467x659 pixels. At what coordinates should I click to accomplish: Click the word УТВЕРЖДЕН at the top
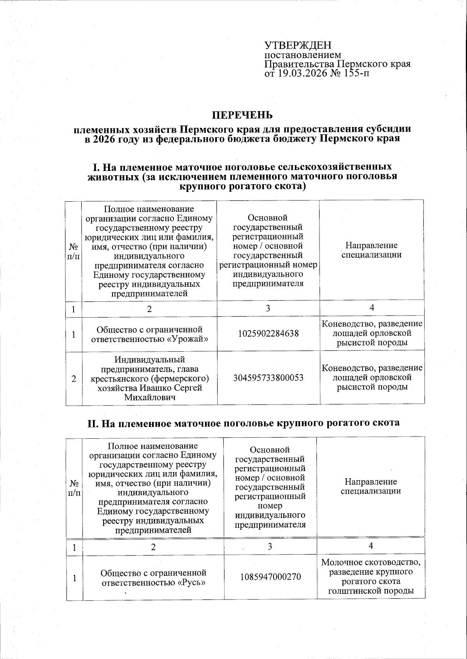(x=298, y=45)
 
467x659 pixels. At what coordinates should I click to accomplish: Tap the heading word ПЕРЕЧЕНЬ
(x=242, y=115)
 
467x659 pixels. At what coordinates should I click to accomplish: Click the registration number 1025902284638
(x=268, y=333)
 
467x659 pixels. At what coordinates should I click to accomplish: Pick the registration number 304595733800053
(x=268, y=378)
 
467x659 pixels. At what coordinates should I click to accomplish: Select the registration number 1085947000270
(x=270, y=577)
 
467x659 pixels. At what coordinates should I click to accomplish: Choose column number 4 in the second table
(x=371, y=546)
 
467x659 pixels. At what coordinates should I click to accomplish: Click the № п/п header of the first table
(x=74, y=251)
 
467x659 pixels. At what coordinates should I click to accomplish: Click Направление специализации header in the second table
(x=371, y=486)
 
